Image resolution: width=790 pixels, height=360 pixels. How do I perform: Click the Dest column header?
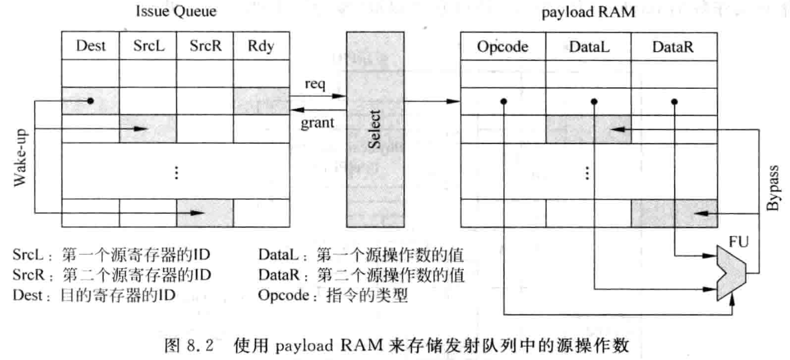click(x=91, y=46)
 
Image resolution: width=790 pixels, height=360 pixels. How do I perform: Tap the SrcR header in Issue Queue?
click(x=204, y=46)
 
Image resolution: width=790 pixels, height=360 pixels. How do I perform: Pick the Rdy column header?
click(x=262, y=46)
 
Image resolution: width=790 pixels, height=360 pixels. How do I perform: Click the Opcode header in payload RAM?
click(x=503, y=47)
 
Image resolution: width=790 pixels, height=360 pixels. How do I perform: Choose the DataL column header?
click(x=589, y=47)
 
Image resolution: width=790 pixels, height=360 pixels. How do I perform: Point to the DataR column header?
click(x=674, y=47)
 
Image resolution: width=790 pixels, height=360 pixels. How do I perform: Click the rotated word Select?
click(x=376, y=129)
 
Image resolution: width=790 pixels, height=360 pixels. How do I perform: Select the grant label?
click(x=318, y=123)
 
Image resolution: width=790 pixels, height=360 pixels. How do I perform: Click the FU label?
click(x=739, y=243)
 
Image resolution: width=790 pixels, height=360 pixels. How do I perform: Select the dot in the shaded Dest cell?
click(x=90, y=102)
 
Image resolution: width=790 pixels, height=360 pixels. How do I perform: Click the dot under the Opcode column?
click(x=503, y=102)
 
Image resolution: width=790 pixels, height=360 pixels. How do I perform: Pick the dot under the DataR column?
click(x=674, y=102)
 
